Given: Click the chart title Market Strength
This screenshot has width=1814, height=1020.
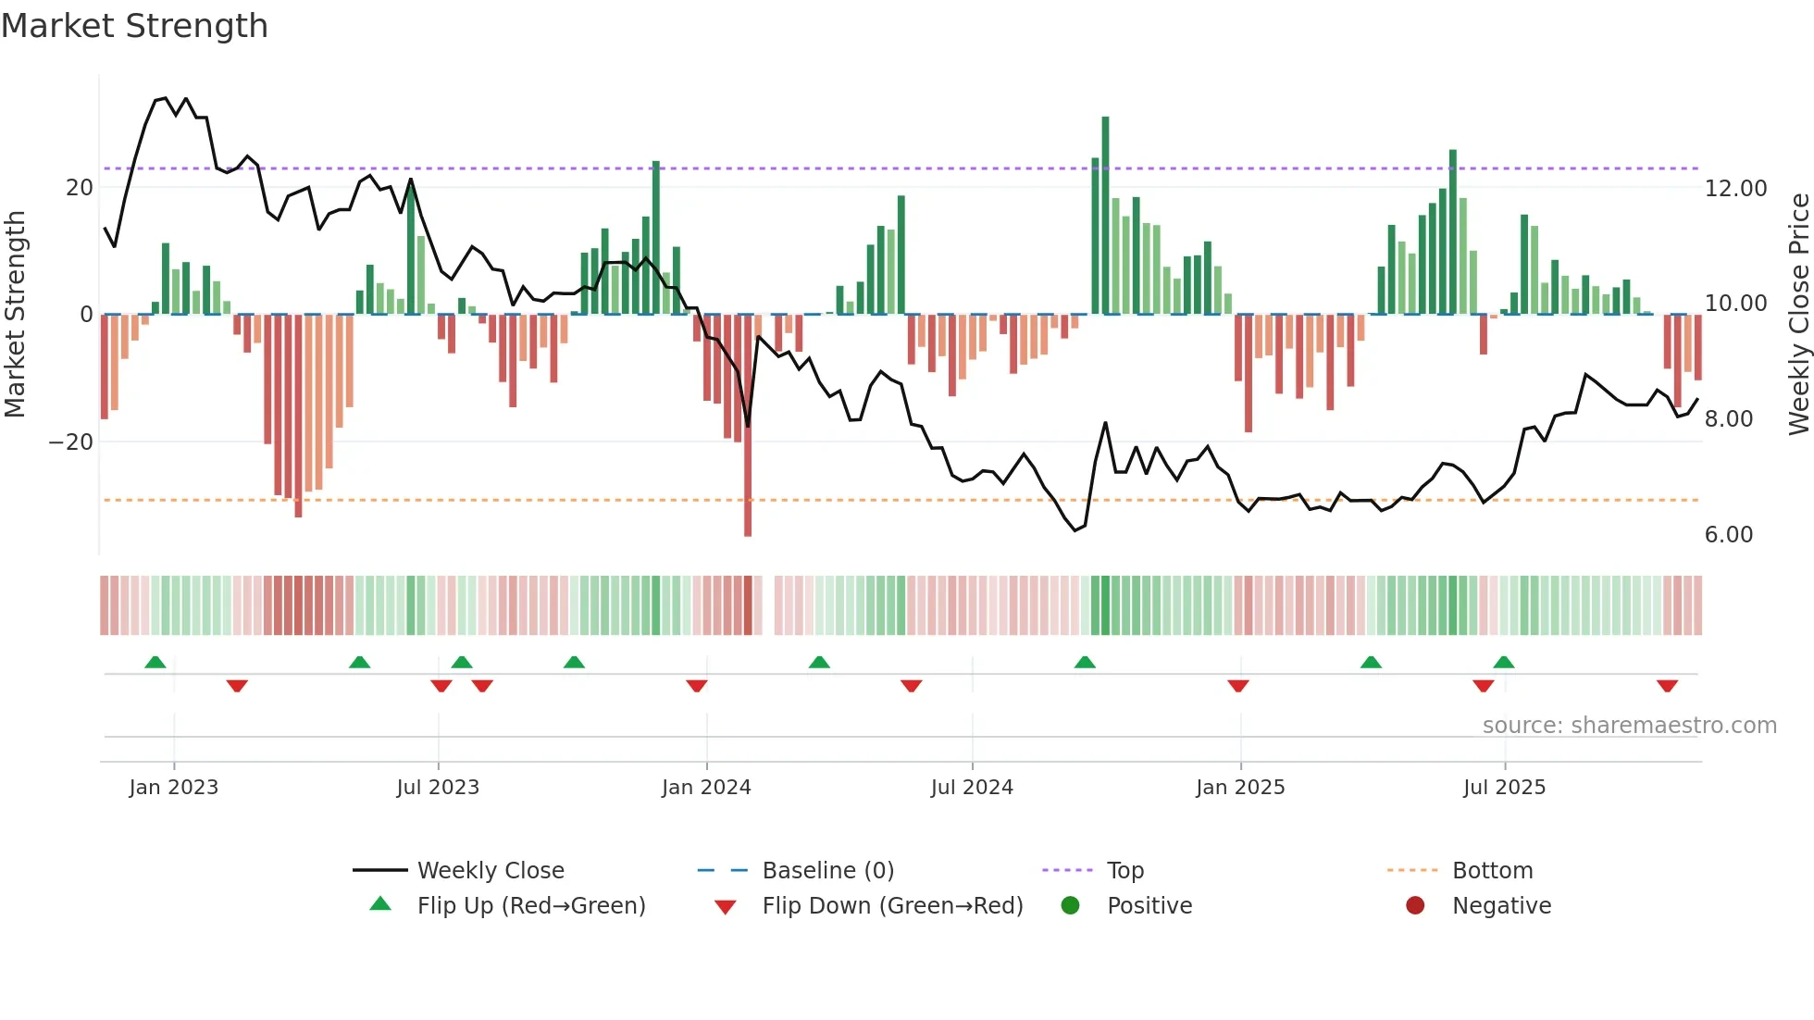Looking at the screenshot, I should click(134, 26).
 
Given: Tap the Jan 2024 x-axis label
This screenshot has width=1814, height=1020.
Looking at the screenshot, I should click(706, 788).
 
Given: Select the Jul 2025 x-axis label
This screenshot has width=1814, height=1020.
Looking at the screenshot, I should click(1504, 788).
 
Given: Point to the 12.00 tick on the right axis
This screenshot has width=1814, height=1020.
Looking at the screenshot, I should click(1735, 188).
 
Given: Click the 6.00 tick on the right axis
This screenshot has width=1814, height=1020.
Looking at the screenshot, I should click(1728, 535).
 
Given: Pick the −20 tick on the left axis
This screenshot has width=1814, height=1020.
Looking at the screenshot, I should click(70, 442).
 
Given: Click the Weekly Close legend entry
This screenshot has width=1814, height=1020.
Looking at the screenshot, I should click(490, 871).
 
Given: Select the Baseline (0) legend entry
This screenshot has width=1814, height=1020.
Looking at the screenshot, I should click(827, 871).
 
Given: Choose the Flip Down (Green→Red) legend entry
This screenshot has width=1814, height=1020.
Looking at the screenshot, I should click(891, 906).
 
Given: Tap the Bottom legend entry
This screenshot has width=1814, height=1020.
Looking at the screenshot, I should click(1492, 871).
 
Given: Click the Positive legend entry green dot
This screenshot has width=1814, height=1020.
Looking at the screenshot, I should click(1070, 906).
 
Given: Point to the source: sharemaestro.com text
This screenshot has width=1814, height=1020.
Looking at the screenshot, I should click(1629, 726).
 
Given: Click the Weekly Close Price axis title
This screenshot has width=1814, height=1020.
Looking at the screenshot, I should click(1798, 315).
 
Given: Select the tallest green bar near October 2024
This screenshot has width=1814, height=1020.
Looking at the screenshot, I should click(1105, 215).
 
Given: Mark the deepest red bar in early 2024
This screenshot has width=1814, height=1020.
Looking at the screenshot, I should click(748, 426).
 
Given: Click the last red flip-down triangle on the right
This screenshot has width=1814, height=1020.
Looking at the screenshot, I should click(1667, 686).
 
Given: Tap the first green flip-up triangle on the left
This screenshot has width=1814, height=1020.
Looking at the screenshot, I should click(155, 662).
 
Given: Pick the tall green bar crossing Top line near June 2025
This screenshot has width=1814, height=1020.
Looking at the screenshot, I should click(1453, 231).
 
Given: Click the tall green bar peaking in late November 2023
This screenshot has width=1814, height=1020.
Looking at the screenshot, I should click(656, 237).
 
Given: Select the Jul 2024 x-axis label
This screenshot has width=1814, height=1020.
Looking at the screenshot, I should click(972, 788).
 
